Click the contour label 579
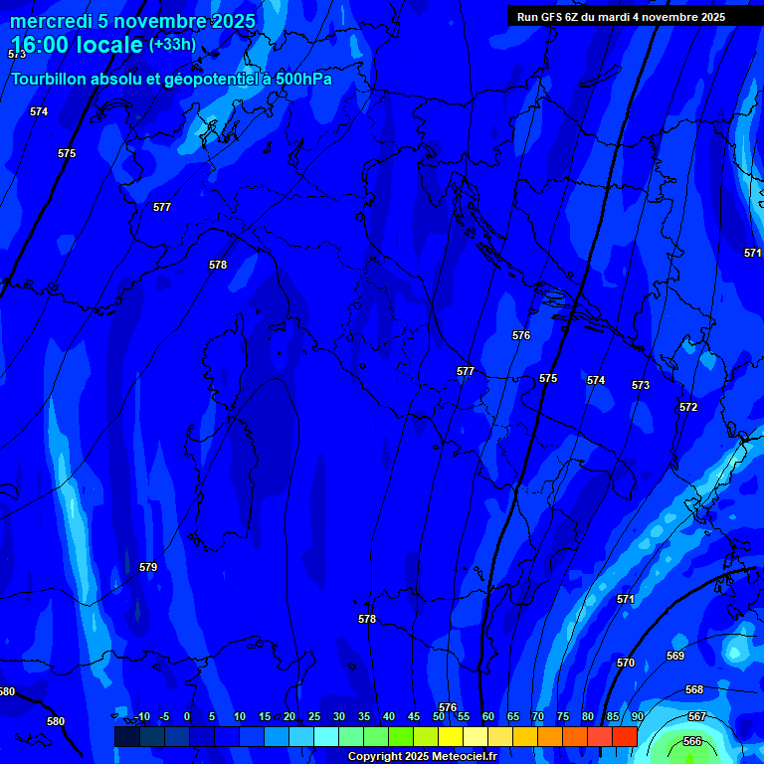click(148, 567)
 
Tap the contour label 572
click(688, 407)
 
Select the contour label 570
click(626, 663)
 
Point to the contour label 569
click(675, 656)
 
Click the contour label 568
click(694, 689)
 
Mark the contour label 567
click(697, 716)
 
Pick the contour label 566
click(692, 741)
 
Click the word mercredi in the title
click(47, 22)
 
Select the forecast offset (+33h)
click(172, 45)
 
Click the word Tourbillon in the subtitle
click(49, 79)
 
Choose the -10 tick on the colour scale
click(142, 716)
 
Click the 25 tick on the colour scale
click(314, 716)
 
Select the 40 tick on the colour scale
click(389, 716)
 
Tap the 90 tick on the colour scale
click(637, 716)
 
